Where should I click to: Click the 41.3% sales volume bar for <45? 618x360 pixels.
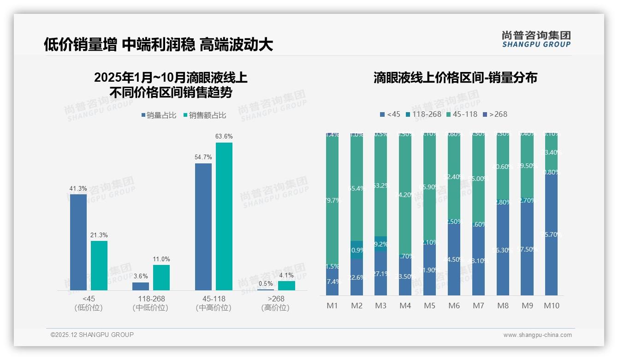point(78,242)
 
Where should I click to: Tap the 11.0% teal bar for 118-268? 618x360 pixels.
point(161,277)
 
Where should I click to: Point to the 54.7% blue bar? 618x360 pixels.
point(203,227)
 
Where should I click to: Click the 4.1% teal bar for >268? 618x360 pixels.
point(286,286)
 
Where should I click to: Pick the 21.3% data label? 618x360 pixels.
point(99,235)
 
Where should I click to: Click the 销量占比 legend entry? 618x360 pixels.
point(159,115)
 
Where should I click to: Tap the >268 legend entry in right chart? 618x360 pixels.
point(495,114)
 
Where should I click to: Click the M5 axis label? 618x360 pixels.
point(429,306)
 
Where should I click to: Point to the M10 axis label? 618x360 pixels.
point(552,306)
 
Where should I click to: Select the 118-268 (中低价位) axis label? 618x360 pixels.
point(150,303)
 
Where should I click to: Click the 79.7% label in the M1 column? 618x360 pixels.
point(333,200)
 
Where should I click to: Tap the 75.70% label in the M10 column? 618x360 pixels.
point(552,234)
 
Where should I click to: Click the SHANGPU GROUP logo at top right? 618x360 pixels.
point(536,39)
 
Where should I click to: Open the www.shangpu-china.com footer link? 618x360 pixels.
point(537,335)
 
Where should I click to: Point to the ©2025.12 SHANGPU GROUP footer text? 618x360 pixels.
point(92,335)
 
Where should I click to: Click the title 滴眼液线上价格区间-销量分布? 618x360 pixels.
point(455,78)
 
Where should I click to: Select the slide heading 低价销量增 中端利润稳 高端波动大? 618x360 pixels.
point(159,44)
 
